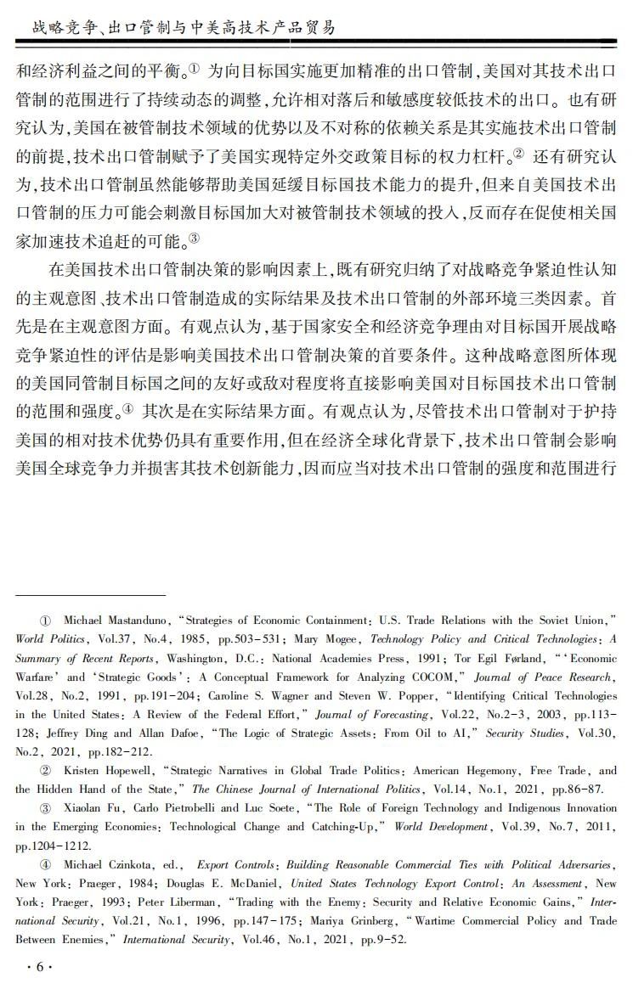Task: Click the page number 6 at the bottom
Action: click(x=39, y=967)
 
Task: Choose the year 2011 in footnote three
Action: click(x=602, y=827)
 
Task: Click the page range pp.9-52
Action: click(x=380, y=940)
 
